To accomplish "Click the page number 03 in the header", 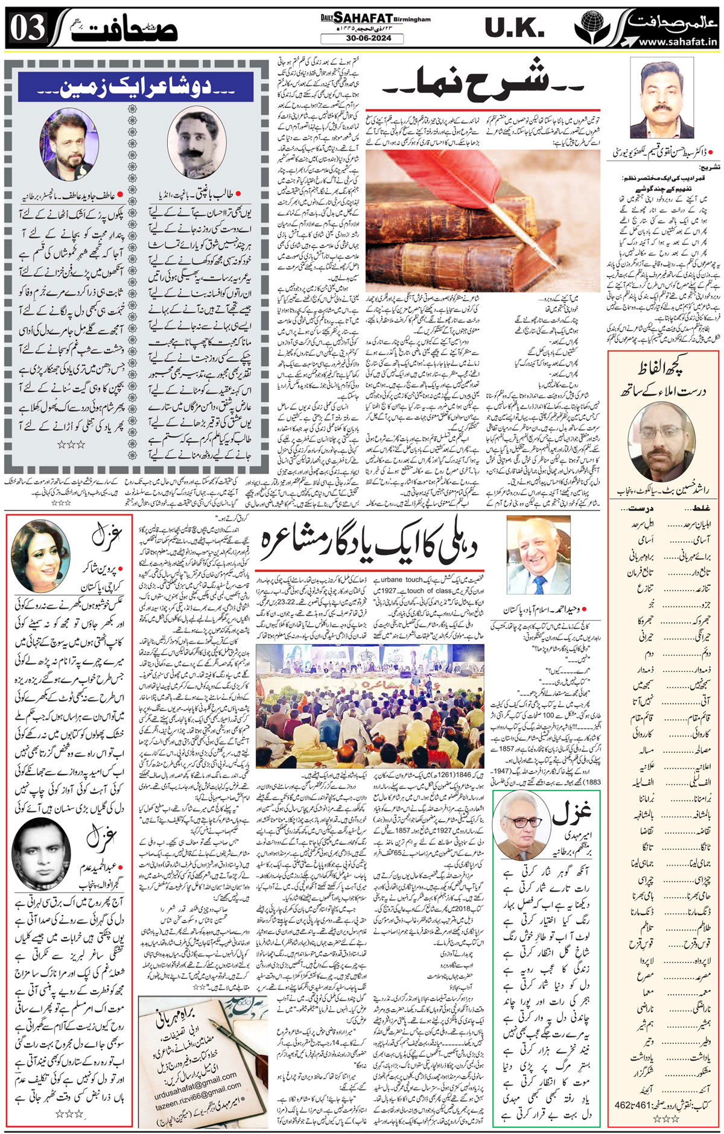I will coord(28,29).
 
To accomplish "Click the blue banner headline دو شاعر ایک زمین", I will coord(135,87).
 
